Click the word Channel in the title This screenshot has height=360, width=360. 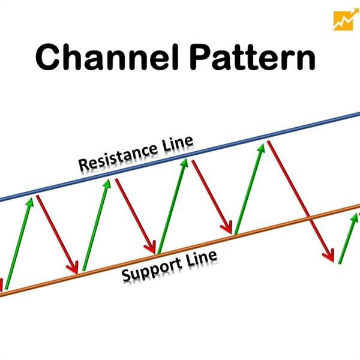[x=107, y=57]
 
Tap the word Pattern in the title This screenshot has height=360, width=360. [x=253, y=57]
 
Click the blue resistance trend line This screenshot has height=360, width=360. [x=180, y=158]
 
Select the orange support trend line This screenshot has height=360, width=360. [x=180, y=250]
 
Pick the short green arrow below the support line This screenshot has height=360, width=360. [x=349, y=238]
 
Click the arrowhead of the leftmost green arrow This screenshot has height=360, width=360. [x=31, y=202]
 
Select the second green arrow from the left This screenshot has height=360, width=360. [x=97, y=225]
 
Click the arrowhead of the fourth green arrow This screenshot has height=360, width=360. [x=262, y=148]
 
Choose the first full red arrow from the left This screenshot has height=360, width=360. [x=57, y=234]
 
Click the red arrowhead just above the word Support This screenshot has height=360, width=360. [x=151, y=247]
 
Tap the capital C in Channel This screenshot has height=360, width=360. [x=47, y=57]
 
